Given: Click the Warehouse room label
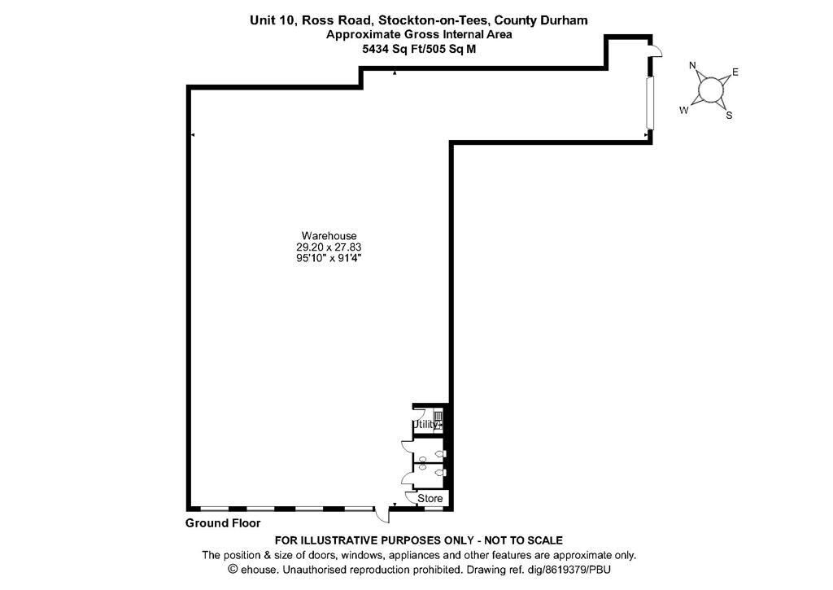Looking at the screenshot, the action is point(329,235).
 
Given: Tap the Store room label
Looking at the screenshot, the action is point(430,499).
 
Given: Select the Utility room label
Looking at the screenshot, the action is point(426,425).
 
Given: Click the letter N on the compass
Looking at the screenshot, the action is point(692,65).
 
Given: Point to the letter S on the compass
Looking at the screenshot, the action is point(729,116).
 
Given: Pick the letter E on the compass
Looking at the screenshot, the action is point(735,72).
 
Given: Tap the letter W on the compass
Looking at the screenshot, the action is point(683,110).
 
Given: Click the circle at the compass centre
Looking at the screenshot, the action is point(710,90).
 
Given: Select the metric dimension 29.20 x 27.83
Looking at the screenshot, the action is point(329,247).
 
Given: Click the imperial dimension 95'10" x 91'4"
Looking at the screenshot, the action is point(329,258).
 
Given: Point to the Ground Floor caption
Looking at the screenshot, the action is point(223,523).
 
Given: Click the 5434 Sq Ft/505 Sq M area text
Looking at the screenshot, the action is point(419,49).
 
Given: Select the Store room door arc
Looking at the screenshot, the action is point(411,498).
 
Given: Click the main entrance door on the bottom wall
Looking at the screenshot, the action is point(382,514).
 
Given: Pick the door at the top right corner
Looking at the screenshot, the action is point(656,50).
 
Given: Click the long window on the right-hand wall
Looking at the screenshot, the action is point(650,103).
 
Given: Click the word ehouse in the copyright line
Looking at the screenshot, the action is point(259,570).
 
